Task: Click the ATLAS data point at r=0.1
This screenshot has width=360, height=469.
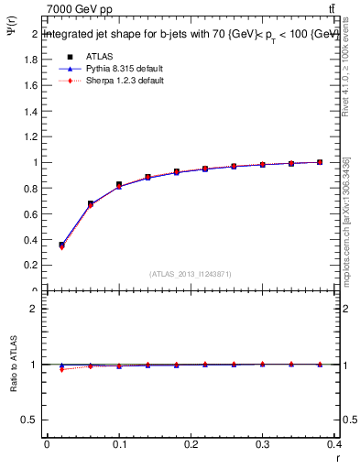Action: (x=119, y=185)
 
